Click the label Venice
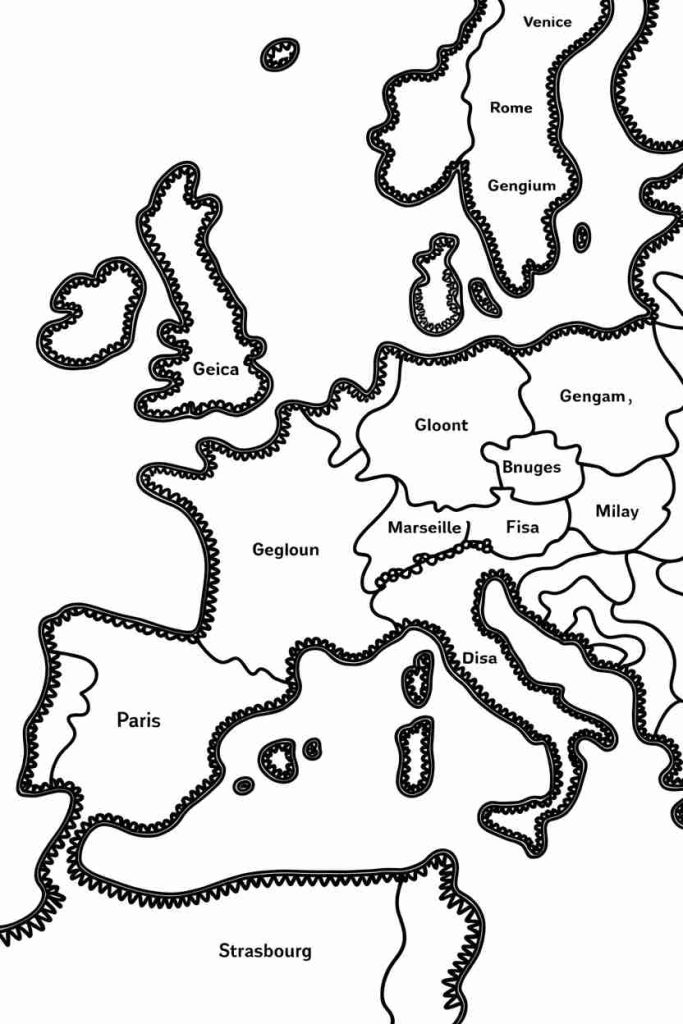point(547,21)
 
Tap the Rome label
point(511,108)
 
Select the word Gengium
point(521,185)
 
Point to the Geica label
point(216,369)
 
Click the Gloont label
point(441,425)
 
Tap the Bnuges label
point(531,467)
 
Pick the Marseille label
point(424,527)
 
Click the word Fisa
point(522,527)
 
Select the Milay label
point(616,511)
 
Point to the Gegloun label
point(286,550)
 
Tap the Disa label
point(478,658)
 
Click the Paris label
point(138,719)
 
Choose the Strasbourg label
point(265,951)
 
